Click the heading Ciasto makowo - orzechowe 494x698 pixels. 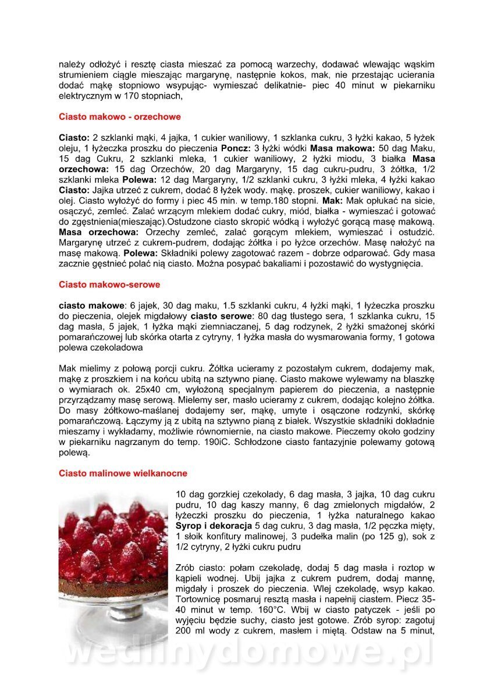point(120,117)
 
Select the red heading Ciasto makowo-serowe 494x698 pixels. point(109,285)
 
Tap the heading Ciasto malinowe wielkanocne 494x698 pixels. point(123,473)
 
